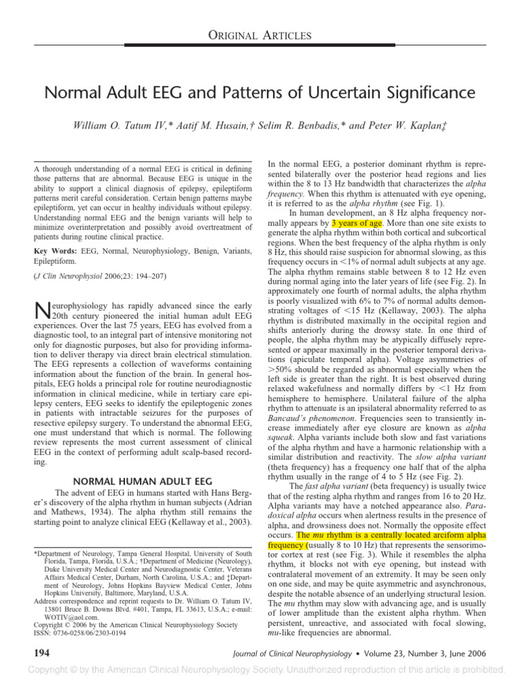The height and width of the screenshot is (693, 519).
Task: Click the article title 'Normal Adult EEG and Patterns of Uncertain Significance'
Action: pos(259,92)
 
